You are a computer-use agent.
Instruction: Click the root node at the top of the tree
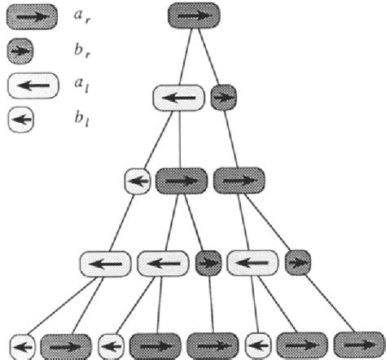pyautogui.click(x=194, y=15)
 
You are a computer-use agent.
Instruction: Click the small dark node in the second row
pyautogui.click(x=222, y=98)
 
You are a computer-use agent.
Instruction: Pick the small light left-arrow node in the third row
pyautogui.click(x=138, y=180)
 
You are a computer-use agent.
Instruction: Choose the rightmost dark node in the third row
pyautogui.click(x=238, y=180)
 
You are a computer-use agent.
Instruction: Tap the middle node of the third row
pyautogui.click(x=181, y=180)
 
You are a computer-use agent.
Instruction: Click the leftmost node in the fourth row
pyautogui.click(x=104, y=263)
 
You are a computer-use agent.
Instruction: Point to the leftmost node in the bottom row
pyautogui.click(x=24, y=345)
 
